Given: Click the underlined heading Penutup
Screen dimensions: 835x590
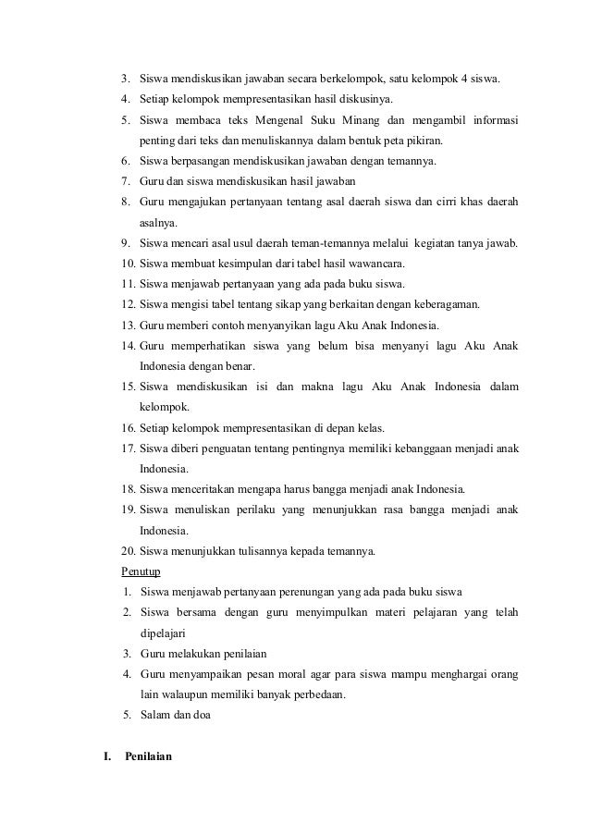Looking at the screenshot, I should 141,571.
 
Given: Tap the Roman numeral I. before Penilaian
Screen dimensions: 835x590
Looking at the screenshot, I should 106,757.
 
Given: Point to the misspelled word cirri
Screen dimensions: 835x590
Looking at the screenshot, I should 435,202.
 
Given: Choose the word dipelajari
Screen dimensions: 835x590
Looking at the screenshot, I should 162,633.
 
